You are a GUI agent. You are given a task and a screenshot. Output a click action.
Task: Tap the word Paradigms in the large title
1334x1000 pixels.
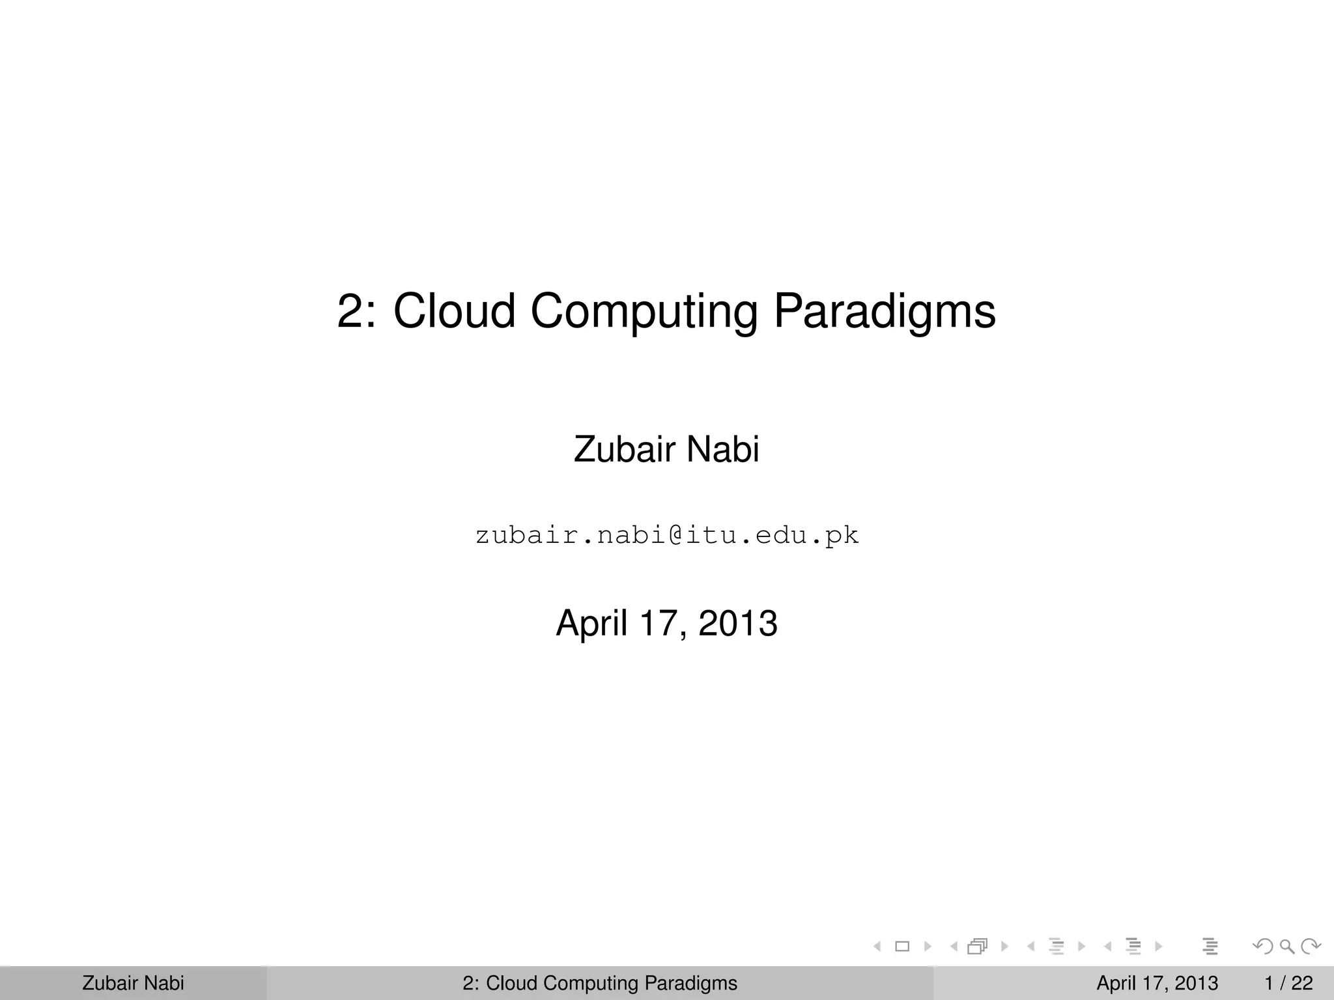884,311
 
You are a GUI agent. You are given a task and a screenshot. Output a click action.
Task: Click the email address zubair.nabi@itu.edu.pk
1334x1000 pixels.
667,536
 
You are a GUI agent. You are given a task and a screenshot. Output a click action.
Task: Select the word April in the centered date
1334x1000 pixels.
591,623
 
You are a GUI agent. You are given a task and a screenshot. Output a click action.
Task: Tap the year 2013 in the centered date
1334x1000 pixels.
737,623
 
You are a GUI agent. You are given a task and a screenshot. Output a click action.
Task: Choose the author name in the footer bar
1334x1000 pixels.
133,983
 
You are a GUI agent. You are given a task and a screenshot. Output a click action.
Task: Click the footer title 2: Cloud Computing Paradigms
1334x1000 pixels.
600,983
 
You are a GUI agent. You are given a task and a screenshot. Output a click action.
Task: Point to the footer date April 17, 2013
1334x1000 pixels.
1157,983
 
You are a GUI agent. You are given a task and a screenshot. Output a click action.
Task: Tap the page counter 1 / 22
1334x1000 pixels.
1288,983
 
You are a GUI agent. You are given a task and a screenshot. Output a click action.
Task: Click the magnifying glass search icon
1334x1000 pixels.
1287,946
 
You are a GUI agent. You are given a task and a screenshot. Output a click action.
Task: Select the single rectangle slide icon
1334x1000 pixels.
902,946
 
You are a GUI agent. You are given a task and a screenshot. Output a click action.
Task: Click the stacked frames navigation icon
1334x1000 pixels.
978,946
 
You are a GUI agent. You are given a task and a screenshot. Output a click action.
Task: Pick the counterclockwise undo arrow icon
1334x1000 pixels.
1263,946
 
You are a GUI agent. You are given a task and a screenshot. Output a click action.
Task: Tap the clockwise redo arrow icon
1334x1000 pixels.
1311,946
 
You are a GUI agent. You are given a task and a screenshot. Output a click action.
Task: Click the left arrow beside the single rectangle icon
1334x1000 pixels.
877,946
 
